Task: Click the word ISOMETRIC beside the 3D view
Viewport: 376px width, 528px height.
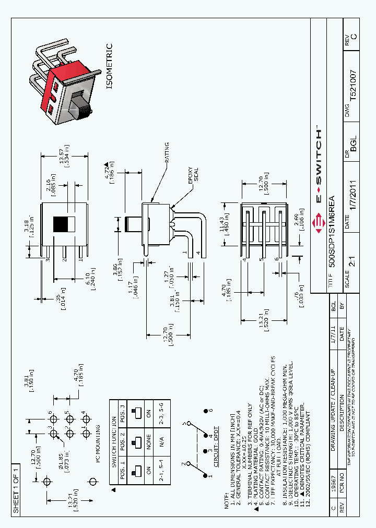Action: coord(109,66)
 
